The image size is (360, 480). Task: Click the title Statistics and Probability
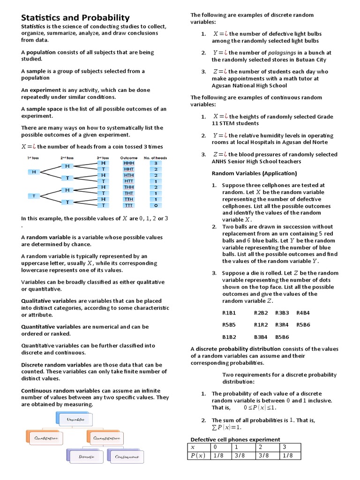coord(75,18)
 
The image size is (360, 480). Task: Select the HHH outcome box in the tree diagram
coord(128,163)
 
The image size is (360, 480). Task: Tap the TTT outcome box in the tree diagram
coord(128,205)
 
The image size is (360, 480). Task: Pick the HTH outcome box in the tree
coord(128,175)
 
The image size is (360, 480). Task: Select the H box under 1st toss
coord(34,172)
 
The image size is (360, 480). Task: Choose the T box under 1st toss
coord(34,195)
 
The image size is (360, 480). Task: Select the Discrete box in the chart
coord(87,456)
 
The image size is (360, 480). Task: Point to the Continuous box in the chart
coord(125,456)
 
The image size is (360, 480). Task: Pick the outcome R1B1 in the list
coord(229,312)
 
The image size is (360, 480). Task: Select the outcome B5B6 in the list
coord(282,337)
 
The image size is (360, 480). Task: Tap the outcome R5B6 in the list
coord(304,324)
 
